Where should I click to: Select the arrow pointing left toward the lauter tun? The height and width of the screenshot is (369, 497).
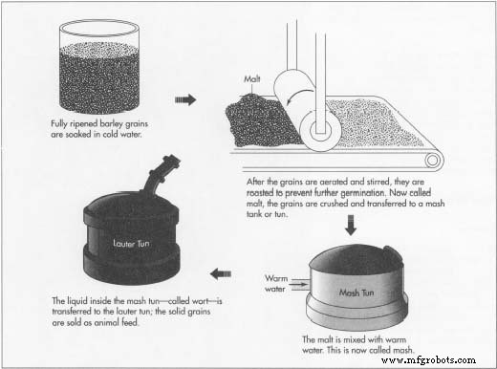(223, 273)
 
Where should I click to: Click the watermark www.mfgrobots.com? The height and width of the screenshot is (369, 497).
(441, 360)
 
